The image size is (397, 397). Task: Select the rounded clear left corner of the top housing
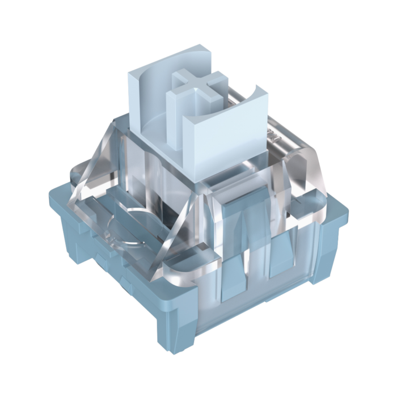pyautogui.click(x=85, y=176)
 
